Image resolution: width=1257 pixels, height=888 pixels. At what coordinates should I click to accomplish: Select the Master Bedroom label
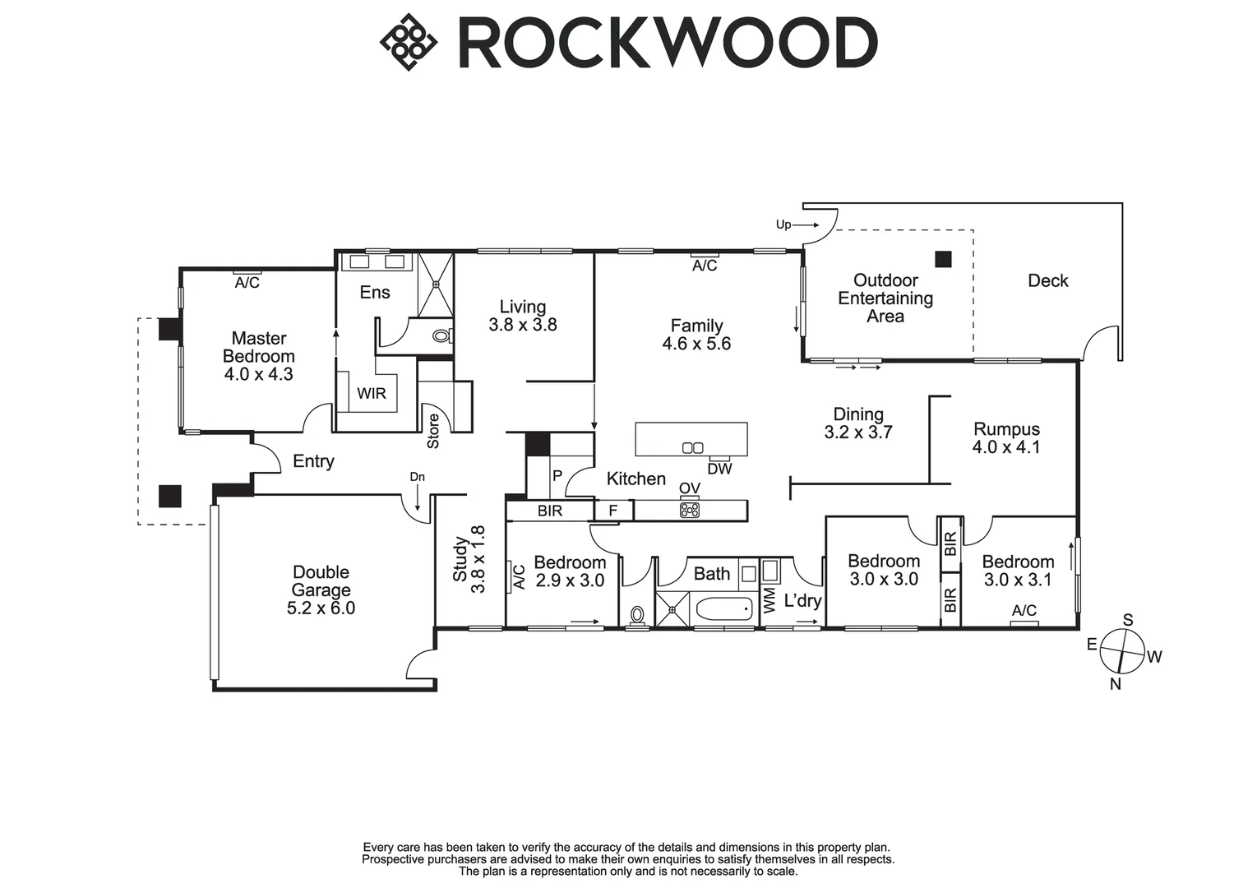259,347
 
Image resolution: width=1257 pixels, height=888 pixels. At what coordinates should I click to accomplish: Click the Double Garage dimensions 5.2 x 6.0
321,608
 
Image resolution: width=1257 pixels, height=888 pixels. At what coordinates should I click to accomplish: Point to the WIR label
372,393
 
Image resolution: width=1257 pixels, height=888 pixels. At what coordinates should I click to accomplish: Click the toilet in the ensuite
442,335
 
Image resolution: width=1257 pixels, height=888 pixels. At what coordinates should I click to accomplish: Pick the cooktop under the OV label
690,509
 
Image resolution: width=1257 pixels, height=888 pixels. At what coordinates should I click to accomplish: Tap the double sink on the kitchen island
692,447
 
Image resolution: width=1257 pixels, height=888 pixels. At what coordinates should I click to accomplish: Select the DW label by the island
719,469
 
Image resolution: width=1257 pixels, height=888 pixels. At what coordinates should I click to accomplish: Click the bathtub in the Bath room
723,609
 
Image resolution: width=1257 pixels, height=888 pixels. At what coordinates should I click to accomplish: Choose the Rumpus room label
1006,429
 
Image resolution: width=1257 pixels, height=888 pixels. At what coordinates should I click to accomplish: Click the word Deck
1048,280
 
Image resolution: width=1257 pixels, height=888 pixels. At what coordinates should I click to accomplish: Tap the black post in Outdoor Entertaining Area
943,259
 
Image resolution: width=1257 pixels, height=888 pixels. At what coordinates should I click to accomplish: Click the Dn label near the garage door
418,477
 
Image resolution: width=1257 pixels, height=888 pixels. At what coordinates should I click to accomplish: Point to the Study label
460,559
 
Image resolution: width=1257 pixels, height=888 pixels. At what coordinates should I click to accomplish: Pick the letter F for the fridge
613,511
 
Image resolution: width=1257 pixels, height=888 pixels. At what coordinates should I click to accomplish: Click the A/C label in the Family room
705,266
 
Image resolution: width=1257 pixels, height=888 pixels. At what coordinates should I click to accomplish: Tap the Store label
433,431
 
